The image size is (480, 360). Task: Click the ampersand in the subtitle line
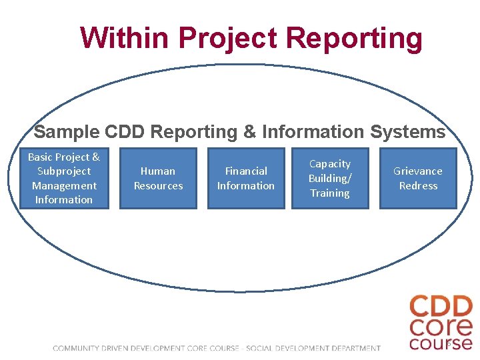pos(250,132)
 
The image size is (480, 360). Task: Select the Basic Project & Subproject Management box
pos(64,179)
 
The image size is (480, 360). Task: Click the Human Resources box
pos(158,179)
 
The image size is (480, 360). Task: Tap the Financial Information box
pos(246,179)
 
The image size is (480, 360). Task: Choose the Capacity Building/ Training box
pos(330,179)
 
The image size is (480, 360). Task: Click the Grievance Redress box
pos(418,179)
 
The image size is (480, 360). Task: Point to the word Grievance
pos(418,171)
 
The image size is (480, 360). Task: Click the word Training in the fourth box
pos(330,193)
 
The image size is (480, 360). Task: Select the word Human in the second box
pos(158,171)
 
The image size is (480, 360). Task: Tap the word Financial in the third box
pos(246,171)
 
